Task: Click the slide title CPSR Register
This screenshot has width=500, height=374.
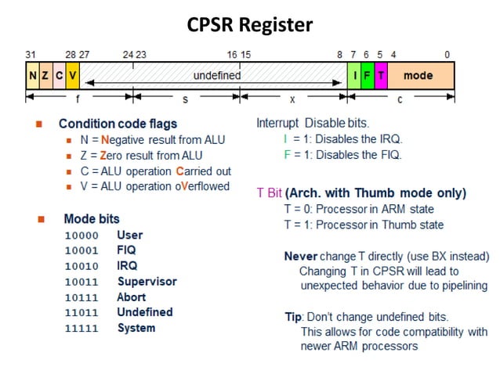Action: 249,25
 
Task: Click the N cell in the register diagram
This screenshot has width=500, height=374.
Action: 32,76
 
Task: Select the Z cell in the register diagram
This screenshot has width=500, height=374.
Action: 45,76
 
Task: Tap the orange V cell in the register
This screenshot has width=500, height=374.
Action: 72,76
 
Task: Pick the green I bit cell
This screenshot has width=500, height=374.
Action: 353,76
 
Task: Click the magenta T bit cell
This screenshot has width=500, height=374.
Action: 381,76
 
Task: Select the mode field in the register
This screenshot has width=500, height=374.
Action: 418,76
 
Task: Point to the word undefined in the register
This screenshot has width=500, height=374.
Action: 216,76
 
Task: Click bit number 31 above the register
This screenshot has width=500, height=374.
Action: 31,55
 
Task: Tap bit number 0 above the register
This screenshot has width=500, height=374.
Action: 447,55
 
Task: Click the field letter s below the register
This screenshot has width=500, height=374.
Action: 186,100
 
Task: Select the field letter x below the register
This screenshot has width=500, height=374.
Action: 292,100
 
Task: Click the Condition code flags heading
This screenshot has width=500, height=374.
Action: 118,124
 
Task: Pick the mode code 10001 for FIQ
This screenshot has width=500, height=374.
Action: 82,250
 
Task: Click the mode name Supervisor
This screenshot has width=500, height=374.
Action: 147,281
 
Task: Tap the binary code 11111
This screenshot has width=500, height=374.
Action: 82,328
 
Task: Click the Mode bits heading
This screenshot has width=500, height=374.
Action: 92,219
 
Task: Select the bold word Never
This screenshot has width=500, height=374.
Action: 300,256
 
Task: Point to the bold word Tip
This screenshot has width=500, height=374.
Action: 293,317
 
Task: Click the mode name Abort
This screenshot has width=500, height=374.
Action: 132,297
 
